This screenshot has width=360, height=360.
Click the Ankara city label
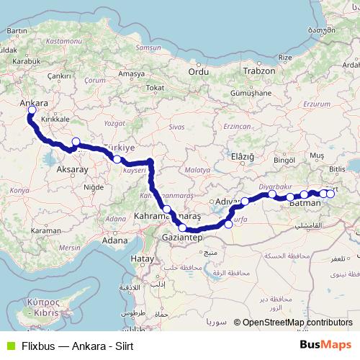tap(33, 103)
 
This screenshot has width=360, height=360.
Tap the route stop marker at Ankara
tap(32, 111)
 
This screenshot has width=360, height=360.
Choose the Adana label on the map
tap(115, 240)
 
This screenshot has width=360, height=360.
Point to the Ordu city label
tap(197, 71)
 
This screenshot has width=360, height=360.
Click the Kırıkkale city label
tap(55, 118)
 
